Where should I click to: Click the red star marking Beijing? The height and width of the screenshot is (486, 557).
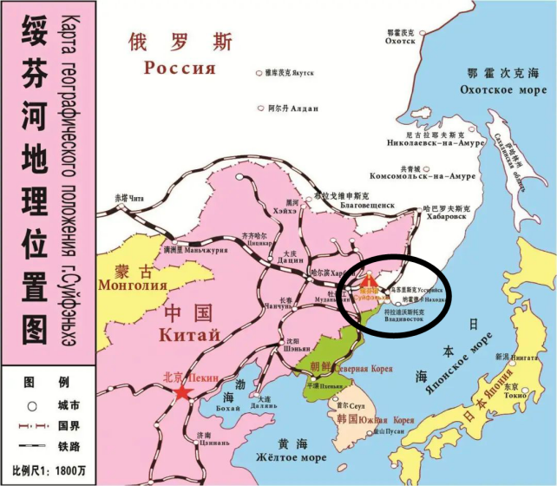point(182,392)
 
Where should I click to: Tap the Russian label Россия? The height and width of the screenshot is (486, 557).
point(180,69)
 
